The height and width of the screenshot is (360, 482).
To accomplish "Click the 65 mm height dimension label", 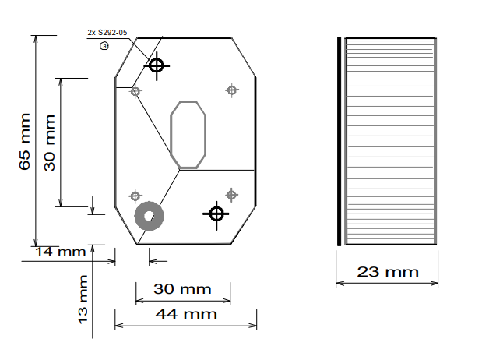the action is point(25,142).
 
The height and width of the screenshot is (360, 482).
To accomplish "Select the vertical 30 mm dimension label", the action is point(50,143).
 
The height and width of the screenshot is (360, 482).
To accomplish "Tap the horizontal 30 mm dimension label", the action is point(182,289).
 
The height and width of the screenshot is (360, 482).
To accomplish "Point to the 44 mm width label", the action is point(186,314).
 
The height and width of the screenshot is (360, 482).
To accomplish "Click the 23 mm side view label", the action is point(388,272).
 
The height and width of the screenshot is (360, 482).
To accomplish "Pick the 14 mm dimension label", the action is point(61,252).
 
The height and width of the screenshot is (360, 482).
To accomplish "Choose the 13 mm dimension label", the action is point(83,299).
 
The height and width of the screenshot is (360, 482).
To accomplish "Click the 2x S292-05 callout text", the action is point(107,33).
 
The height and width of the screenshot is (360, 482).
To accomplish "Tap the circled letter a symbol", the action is point(104,46).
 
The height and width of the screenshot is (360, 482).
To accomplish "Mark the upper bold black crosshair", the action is point(157,66).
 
